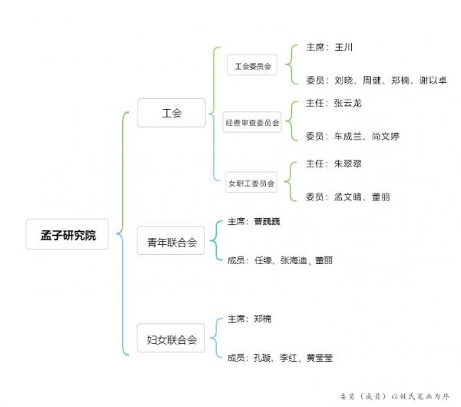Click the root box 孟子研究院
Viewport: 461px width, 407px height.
pyautogui.click(x=68, y=235)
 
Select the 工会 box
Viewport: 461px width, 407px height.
pyautogui.click(x=171, y=113)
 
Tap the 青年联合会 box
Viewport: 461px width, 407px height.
pyautogui.click(x=171, y=243)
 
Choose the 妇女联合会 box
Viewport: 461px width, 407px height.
pyautogui.click(x=171, y=339)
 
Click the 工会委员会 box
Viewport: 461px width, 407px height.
pyautogui.click(x=253, y=67)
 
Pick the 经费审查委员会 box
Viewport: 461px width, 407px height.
pyautogui.click(x=253, y=122)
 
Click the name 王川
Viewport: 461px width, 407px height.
pyautogui.click(x=343, y=47)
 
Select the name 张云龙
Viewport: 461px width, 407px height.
pyautogui.click(x=347, y=102)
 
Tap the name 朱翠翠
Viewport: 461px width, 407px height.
pyautogui.click(x=347, y=163)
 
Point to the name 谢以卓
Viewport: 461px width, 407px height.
pyautogui.click(x=433, y=80)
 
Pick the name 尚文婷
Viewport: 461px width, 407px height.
pyautogui.click(x=386, y=136)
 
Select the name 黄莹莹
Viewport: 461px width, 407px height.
pyautogui.click(x=319, y=358)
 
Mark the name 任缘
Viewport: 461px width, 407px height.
pyautogui.click(x=263, y=261)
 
